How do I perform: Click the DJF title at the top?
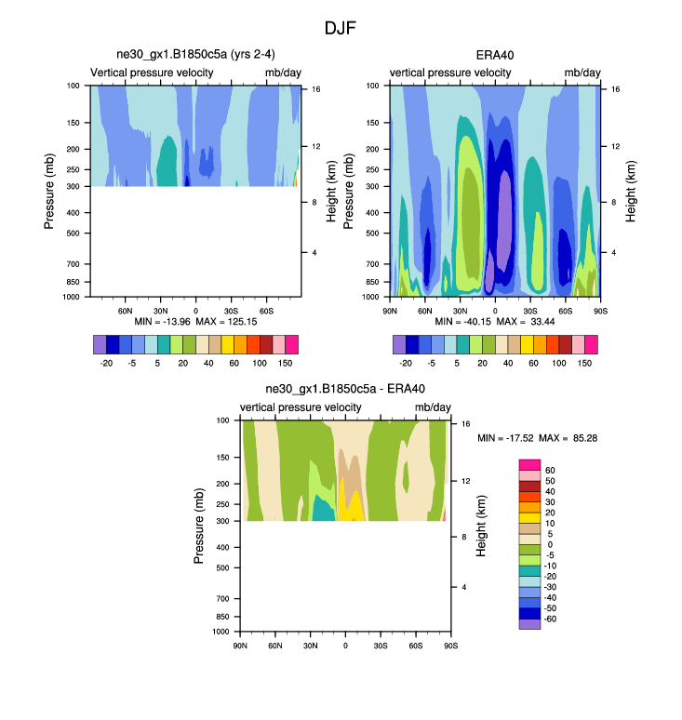[340, 29]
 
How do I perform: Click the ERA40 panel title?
[494, 55]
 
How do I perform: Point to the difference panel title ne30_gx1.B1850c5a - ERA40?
[345, 390]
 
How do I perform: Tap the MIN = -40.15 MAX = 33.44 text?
[495, 321]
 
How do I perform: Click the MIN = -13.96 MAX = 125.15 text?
[196, 321]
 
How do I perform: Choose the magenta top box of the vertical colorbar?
[529, 464]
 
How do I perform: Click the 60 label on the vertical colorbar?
[550, 470]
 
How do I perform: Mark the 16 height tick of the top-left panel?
[316, 89]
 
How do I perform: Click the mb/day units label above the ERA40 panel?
[580, 73]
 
